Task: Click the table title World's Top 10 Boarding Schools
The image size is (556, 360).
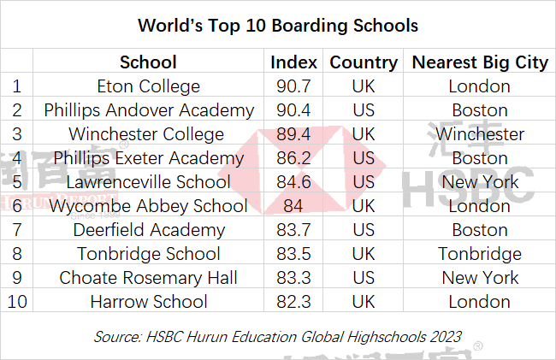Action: [278, 26]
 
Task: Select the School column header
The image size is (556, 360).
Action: [149, 62]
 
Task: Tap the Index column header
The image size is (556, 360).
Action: [294, 62]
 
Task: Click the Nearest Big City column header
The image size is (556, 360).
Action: [479, 62]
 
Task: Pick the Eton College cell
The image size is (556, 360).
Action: [149, 86]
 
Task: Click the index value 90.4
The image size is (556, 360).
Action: [294, 110]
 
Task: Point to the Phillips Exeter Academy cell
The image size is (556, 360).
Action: [149, 158]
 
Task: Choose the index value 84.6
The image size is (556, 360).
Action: [294, 182]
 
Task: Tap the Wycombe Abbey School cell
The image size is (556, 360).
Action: [149, 206]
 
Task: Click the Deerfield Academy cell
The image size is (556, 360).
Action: [149, 230]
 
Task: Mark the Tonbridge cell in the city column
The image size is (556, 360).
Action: [480, 254]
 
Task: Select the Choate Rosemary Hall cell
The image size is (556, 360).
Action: [149, 278]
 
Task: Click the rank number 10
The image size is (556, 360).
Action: [16, 302]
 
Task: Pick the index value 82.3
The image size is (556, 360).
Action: [294, 302]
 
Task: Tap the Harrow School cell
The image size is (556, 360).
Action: [149, 302]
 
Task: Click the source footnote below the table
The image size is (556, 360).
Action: [278, 336]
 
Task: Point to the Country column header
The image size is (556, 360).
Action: [364, 62]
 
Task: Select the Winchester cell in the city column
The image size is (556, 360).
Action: [480, 134]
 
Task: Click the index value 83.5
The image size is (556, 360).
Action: [294, 254]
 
